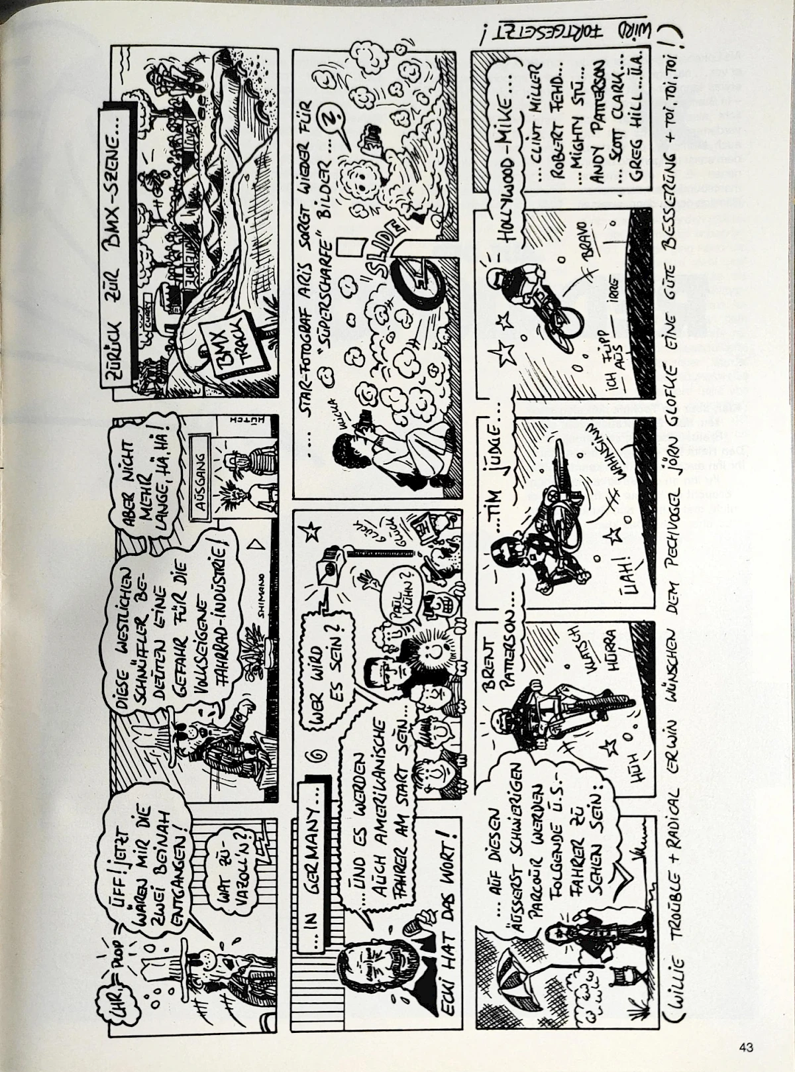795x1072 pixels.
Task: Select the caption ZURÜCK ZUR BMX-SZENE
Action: [x=121, y=244]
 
